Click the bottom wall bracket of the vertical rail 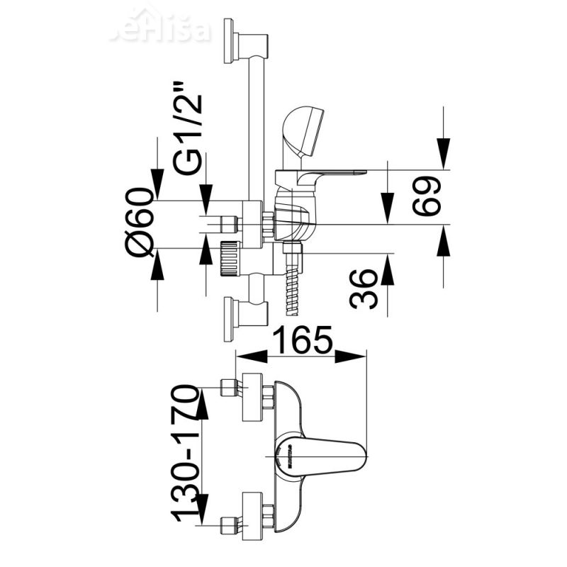tap(242, 313)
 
